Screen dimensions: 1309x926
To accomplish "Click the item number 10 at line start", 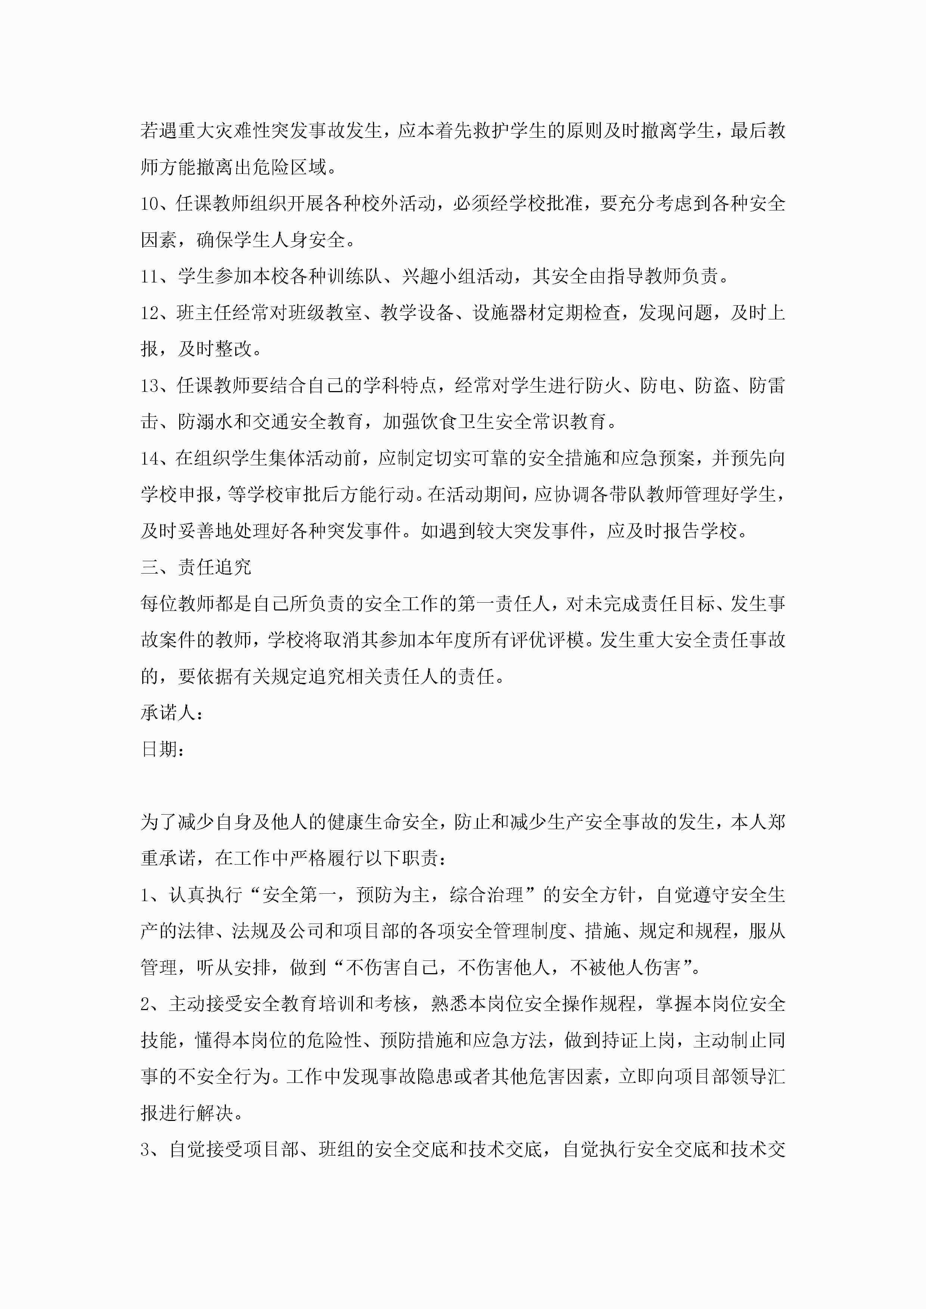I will (150, 203).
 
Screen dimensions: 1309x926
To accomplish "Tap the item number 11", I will (150, 277).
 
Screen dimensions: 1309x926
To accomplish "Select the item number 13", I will (150, 386).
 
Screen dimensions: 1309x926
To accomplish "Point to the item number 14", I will (150, 458).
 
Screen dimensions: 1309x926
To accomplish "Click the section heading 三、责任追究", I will (196, 567).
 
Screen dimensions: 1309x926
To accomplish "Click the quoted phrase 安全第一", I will (298, 895).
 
